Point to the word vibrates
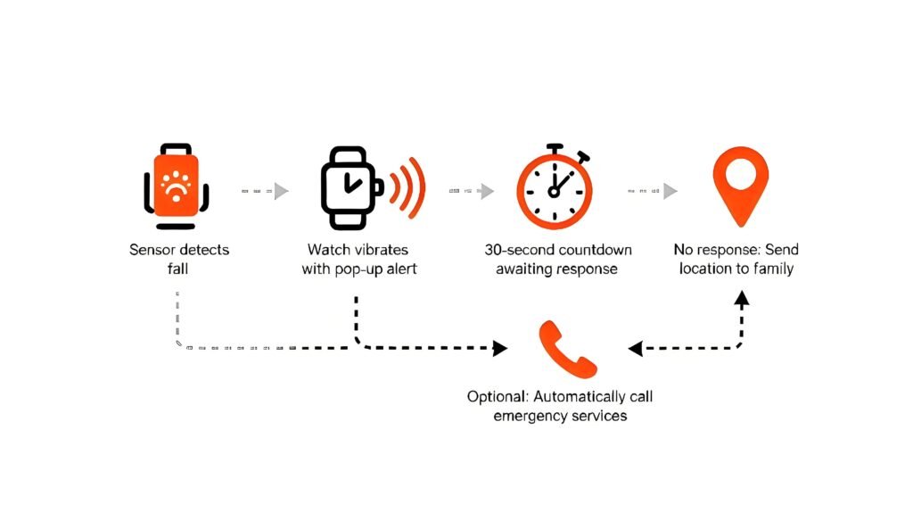(376, 249)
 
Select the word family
(771, 268)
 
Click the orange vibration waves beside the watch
(411, 188)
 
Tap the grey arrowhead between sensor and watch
(282, 190)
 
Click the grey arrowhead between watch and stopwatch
(487, 190)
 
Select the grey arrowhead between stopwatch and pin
(670, 190)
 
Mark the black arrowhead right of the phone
(635, 348)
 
